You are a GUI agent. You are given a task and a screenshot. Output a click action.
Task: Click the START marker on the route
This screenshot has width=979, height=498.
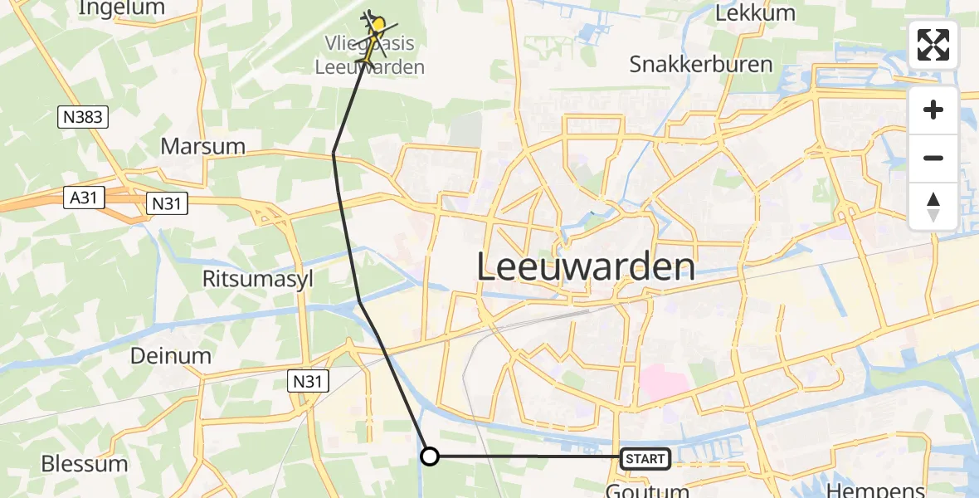(645, 457)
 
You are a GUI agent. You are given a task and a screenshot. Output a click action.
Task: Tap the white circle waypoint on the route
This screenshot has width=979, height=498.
(430, 456)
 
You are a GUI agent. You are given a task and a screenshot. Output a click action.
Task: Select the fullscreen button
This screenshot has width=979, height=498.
(933, 45)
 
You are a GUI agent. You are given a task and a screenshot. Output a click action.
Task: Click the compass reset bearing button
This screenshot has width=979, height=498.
(933, 207)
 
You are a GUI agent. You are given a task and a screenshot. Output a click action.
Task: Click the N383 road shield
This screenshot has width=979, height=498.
(84, 118)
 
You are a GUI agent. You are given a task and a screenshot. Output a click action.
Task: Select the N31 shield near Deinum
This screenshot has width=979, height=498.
(309, 381)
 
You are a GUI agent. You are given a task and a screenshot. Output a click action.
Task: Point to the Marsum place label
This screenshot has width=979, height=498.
(203, 147)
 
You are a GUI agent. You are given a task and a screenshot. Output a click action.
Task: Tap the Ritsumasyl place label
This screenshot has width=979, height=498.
(258, 279)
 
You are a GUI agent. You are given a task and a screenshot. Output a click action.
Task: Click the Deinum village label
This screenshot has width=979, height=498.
(171, 356)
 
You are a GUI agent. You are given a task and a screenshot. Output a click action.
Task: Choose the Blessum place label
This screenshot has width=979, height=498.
(85, 463)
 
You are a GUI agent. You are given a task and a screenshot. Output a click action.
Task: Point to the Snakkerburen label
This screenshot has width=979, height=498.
(701, 64)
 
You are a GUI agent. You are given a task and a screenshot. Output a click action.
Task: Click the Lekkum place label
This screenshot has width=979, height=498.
(755, 13)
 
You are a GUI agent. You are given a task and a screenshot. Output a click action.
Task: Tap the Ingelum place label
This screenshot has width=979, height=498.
(121, 8)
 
